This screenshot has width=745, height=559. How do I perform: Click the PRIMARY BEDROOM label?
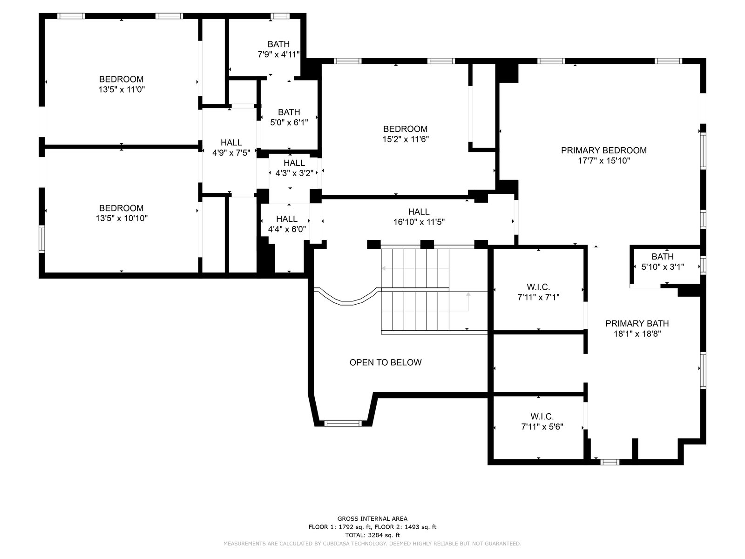point(603,150)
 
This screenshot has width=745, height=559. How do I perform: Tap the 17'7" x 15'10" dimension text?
point(604,161)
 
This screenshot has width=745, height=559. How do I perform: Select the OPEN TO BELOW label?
point(386,362)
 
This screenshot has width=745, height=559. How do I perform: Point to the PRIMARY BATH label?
point(637,323)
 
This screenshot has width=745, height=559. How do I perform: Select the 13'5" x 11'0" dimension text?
point(122,89)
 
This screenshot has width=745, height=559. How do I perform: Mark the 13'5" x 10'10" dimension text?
point(122,218)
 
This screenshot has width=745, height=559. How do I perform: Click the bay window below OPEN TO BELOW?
point(343,423)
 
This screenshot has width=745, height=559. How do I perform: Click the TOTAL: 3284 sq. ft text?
point(372,535)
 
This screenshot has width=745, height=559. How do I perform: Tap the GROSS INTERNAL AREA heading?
point(372,518)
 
